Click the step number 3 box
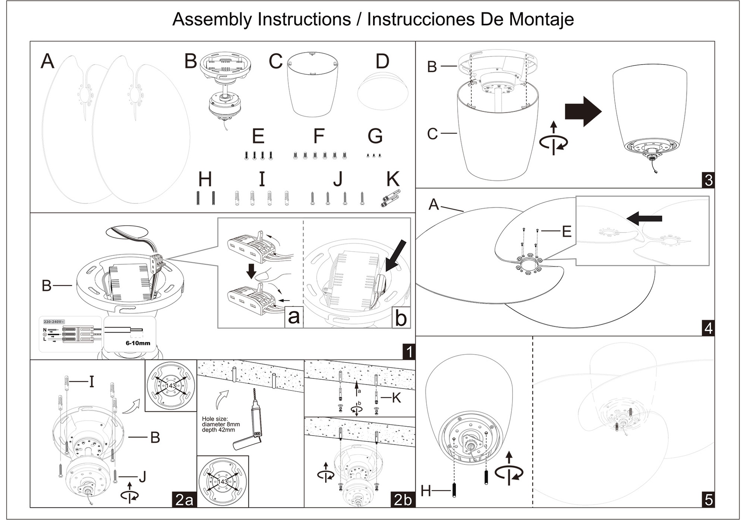pyautogui.click(x=708, y=180)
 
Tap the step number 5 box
pyautogui.click(x=708, y=499)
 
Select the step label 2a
pyautogui.click(x=184, y=499)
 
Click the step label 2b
pyautogui.click(x=403, y=499)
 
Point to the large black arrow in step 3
pyautogui.click(x=583, y=112)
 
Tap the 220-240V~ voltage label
pyautogui.click(x=54, y=322)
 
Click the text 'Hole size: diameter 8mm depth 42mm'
pyautogui.click(x=221, y=424)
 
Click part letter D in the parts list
pyautogui.click(x=382, y=61)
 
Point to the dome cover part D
pyautogui.click(x=383, y=90)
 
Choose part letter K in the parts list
pyautogui.click(x=393, y=179)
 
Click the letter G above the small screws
pyautogui.click(x=375, y=136)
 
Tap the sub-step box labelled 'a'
pyautogui.click(x=294, y=317)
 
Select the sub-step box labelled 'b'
pyautogui.click(x=401, y=318)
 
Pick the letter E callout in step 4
pyautogui.click(x=566, y=231)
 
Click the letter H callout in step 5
pyautogui.click(x=426, y=491)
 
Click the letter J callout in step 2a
pyautogui.click(x=142, y=476)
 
